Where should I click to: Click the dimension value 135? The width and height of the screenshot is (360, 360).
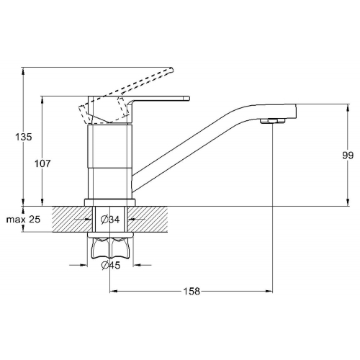tap(24, 137)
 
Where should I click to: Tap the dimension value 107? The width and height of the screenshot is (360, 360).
tap(42, 163)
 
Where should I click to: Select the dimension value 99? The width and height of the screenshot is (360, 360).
tap(348, 156)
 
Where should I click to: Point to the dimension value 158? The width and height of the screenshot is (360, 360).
tap(192, 292)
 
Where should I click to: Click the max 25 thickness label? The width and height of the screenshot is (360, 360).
tap(23, 220)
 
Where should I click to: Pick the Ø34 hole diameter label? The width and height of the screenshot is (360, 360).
tap(110, 220)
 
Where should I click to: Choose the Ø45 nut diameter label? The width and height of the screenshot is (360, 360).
tap(111, 265)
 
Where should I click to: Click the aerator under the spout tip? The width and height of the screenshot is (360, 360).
tap(273, 121)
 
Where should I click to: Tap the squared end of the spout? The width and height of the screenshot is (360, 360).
tap(294, 111)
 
